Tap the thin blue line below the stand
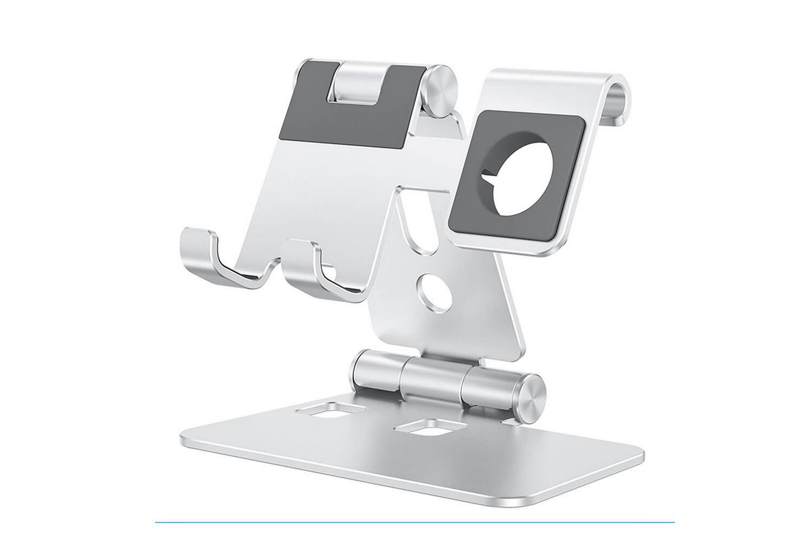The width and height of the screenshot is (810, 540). pyautogui.click(x=413, y=522)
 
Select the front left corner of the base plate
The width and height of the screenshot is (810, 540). pyautogui.click(x=186, y=439)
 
